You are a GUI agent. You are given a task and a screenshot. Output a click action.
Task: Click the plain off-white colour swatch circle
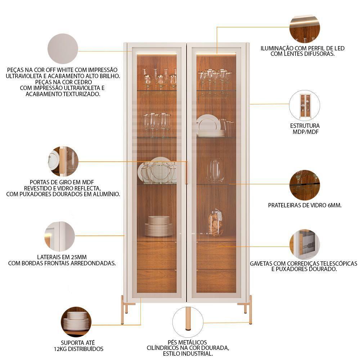coord(63,49)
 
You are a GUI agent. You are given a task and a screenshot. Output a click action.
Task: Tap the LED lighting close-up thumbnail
coord(305,28)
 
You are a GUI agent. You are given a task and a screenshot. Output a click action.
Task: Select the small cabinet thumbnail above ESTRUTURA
coord(305,105)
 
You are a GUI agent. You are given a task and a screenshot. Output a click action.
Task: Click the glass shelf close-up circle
coord(305,185)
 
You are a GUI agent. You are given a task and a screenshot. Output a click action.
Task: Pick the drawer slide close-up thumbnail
coord(305,244)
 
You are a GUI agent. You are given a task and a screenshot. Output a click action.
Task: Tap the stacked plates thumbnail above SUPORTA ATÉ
coord(76,322)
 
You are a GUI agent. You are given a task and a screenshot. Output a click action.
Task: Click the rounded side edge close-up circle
coord(59,237)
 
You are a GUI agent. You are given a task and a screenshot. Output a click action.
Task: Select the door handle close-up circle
coord(63,161)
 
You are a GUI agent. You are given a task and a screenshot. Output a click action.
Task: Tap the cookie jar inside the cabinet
coord(216,223)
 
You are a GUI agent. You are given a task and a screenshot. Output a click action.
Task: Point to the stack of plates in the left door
coord(159,226)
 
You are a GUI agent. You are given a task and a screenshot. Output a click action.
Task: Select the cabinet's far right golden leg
coord(251,309)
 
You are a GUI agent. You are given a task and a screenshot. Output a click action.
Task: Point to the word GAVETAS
coord(261,264)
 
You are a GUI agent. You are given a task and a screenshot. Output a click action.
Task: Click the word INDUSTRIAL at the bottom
coord(202,354)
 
